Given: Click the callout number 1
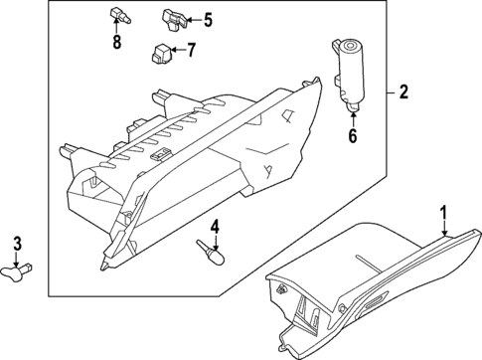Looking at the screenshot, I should tap(444, 211).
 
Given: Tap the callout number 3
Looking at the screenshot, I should tap(17, 245).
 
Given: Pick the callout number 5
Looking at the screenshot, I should tap(208, 19).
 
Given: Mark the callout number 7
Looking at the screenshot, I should tap(192, 49).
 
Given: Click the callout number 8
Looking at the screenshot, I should tap(116, 42).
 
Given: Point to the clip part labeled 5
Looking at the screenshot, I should tap(172, 17).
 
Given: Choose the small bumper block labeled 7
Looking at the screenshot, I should tap(161, 52).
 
